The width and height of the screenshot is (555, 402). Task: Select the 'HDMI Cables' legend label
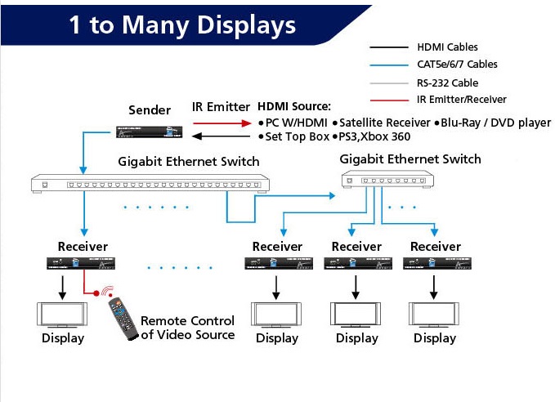(x=447, y=47)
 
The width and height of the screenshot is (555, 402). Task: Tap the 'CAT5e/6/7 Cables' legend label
(x=457, y=65)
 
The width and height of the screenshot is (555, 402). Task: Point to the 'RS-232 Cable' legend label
(x=447, y=83)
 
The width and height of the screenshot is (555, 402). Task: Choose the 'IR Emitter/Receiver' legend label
(x=461, y=100)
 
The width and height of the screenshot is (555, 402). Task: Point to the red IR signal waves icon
(x=105, y=292)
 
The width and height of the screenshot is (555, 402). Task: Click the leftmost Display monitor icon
(x=62, y=315)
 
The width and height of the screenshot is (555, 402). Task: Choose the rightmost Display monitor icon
(x=435, y=315)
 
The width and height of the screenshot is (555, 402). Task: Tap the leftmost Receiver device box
(x=82, y=263)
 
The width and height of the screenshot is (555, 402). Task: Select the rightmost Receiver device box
(x=435, y=263)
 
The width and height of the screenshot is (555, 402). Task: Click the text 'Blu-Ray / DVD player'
(x=496, y=123)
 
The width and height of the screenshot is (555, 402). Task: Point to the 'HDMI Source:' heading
(x=294, y=107)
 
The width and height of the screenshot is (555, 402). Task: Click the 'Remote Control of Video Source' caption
(x=187, y=328)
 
